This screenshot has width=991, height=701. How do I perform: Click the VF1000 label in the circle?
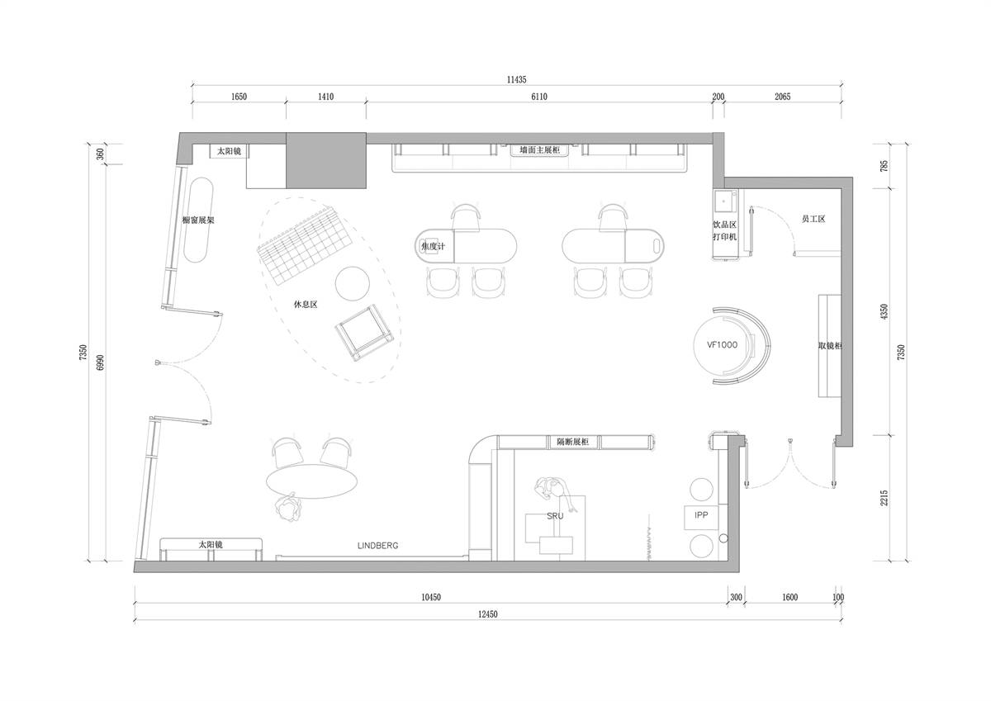(x=722, y=345)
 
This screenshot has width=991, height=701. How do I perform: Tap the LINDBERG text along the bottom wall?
(x=378, y=546)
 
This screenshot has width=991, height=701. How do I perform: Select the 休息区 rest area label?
(x=306, y=305)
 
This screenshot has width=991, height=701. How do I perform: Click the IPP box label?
(x=701, y=514)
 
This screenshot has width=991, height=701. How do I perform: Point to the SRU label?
(x=555, y=516)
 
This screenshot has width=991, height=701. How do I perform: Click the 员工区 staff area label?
(x=813, y=219)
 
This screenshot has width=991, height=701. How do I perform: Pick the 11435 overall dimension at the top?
(x=516, y=79)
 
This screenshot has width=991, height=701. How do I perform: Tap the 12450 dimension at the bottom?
(x=487, y=613)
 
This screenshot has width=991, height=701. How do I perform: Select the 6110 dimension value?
(x=538, y=97)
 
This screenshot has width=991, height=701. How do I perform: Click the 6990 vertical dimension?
(x=101, y=362)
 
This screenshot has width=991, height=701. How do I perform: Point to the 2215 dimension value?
(x=884, y=498)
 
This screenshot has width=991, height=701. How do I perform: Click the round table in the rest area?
(x=352, y=283)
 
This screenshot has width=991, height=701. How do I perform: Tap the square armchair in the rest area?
(x=364, y=332)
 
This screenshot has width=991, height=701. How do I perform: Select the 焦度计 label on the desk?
(x=433, y=246)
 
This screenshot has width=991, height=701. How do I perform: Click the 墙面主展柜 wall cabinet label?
(x=540, y=150)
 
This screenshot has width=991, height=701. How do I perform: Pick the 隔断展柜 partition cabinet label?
(x=573, y=442)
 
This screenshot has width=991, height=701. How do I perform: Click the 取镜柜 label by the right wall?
(x=829, y=346)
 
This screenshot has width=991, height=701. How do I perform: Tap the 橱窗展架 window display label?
(x=198, y=220)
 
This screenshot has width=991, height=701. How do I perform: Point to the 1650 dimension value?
(x=239, y=97)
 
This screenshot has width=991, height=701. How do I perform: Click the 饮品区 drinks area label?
(x=724, y=225)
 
